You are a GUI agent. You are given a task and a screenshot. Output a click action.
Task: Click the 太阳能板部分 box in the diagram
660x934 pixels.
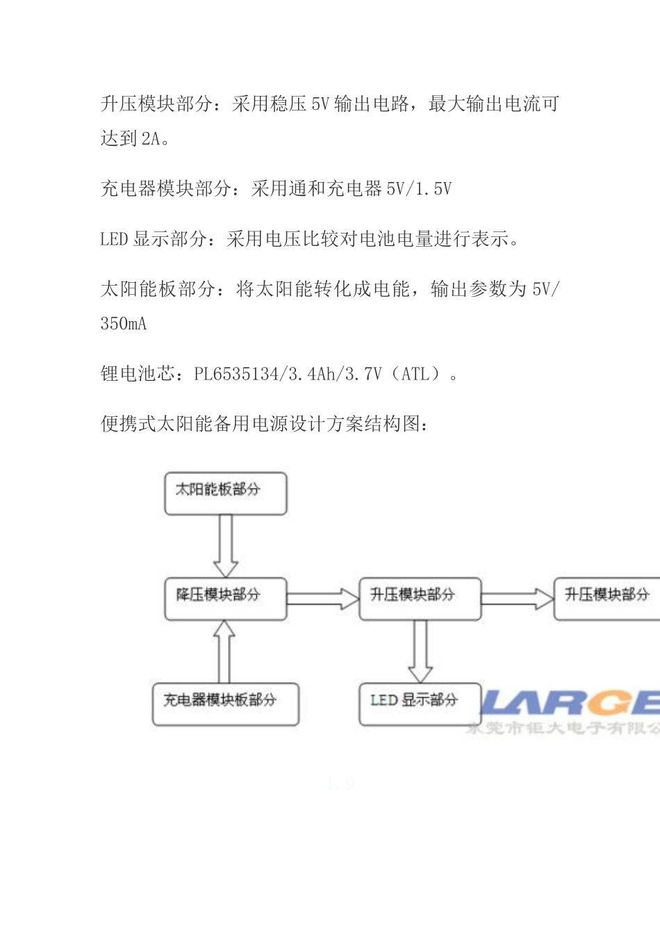click(225, 493)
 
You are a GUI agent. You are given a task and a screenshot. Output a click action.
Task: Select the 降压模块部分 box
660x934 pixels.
click(225, 598)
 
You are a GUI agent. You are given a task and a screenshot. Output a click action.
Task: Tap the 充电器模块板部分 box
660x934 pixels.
click(225, 703)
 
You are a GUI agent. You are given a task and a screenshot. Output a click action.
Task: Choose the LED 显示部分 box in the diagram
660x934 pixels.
click(419, 703)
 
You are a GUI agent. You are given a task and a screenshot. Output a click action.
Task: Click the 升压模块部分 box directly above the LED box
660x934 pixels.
click(419, 598)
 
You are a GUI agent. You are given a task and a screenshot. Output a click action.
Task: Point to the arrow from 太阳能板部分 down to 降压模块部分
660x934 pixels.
click(225, 546)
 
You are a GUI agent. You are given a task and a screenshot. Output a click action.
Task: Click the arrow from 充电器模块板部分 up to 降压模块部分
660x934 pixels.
click(224, 650)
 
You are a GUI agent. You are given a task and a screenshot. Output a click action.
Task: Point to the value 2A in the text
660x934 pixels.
click(151, 139)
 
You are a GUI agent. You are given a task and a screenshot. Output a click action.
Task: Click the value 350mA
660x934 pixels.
click(124, 324)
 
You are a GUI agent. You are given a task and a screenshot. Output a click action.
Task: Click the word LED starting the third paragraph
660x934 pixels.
click(114, 240)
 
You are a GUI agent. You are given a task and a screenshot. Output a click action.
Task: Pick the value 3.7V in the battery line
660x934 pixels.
click(363, 375)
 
